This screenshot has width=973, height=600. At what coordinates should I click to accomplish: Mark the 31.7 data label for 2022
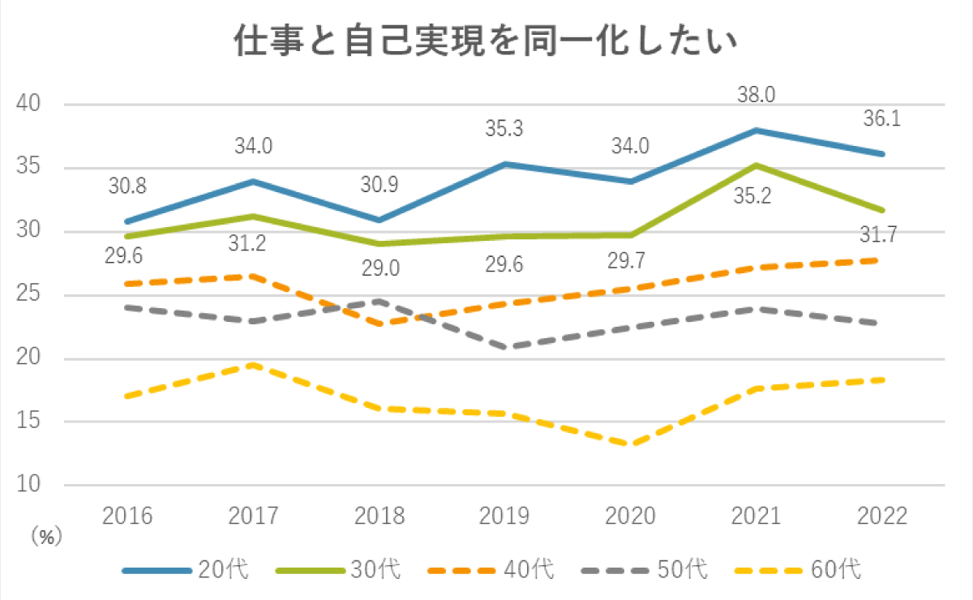coord(881,235)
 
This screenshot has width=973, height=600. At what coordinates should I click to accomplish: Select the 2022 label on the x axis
coord(882,516)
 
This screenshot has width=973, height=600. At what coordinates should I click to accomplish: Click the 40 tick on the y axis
coord(29,105)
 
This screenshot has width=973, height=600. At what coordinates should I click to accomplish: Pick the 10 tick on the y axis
coord(29,485)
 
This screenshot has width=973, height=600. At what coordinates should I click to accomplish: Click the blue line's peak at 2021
coord(756,130)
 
